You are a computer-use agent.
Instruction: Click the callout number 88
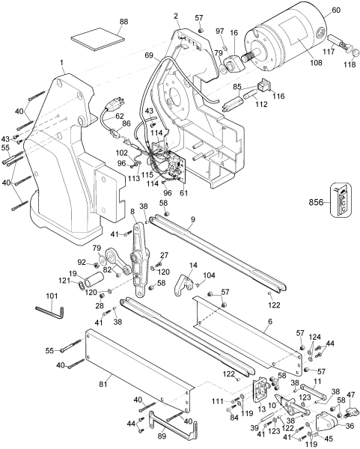pos(102,22)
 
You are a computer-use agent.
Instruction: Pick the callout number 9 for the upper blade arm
pos(192,219)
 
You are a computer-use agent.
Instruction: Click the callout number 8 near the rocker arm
pos(133,211)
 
